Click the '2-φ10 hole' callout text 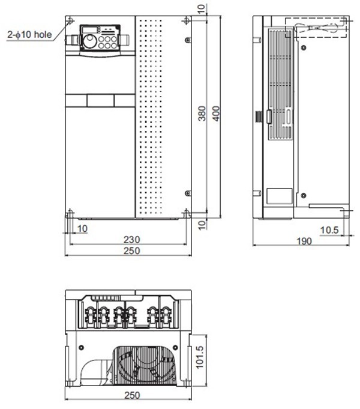tap(29, 35)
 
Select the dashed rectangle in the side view tap(316, 28)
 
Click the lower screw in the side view tap(304, 196)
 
